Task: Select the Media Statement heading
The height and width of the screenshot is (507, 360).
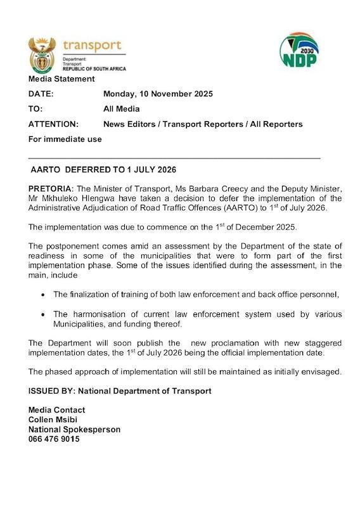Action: point(61,79)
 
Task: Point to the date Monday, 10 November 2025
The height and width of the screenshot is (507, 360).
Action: point(158,94)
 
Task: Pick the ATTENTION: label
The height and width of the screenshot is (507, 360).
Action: point(54,124)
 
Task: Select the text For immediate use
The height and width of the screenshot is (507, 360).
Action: point(65,139)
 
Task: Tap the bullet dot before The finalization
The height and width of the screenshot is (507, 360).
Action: point(42,295)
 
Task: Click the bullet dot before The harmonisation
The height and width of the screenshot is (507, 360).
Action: point(42,315)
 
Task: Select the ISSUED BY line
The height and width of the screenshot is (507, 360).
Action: point(120,391)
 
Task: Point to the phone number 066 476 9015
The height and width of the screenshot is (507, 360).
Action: point(54,439)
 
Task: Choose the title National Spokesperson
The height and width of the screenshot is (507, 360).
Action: point(74,429)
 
